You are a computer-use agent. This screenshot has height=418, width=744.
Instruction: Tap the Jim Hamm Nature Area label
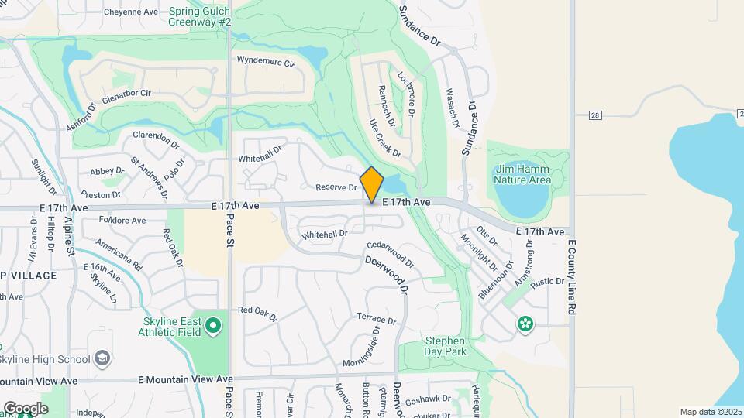[x=522, y=174]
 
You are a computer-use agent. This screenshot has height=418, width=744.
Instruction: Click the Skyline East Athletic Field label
[x=172, y=327]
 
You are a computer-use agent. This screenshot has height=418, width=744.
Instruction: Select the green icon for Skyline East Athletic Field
[x=214, y=327]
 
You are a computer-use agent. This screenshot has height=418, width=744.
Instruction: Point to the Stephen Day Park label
[x=445, y=346]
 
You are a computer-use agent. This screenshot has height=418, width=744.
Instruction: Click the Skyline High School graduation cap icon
[x=103, y=358]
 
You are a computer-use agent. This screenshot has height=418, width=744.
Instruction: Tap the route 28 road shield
[x=595, y=115]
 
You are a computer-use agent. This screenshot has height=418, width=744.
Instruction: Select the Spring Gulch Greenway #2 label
[x=200, y=17]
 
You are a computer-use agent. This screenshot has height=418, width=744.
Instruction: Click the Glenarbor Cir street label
[x=126, y=93]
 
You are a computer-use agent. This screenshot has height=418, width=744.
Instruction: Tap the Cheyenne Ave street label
[x=132, y=12]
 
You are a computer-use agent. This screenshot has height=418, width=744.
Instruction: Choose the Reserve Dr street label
[x=336, y=188]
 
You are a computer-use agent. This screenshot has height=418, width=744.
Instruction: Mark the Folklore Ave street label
[x=122, y=221]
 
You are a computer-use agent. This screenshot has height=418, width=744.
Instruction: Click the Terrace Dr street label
[x=376, y=318]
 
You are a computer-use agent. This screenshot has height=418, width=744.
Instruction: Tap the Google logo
[x=26, y=408]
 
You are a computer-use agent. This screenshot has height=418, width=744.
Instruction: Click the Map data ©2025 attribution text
[x=709, y=412]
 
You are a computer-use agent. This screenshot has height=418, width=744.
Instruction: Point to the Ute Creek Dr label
[x=384, y=138]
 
